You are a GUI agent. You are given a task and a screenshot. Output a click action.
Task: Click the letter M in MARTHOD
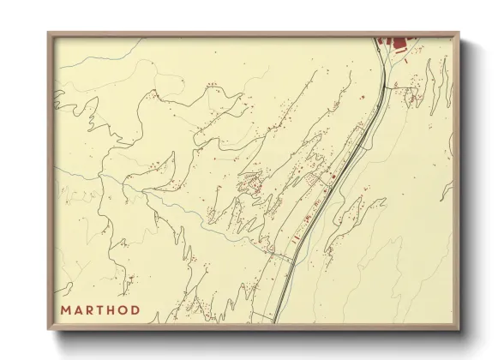[65, 309]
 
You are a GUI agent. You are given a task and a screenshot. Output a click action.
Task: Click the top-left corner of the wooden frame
[49, 33]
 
